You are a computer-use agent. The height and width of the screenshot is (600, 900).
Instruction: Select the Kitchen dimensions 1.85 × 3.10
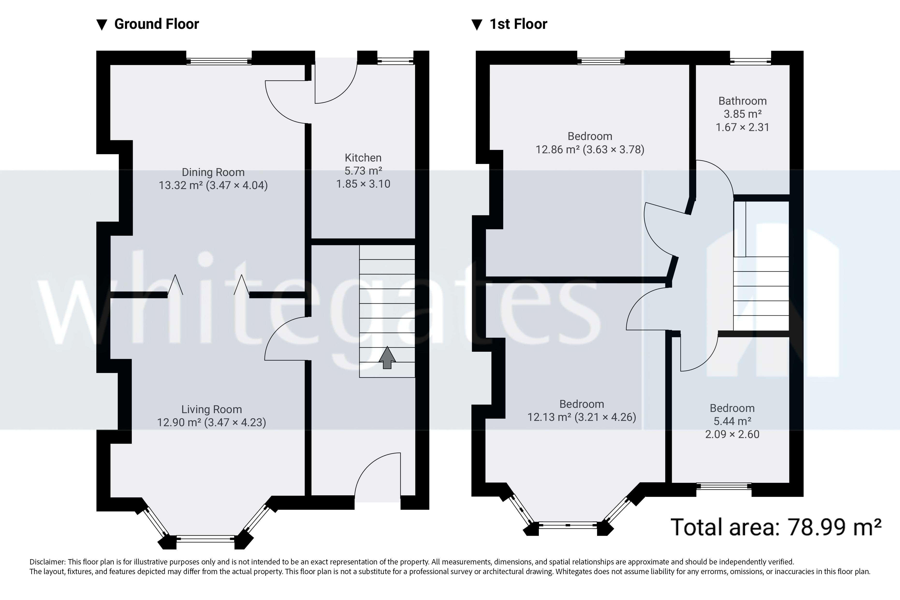pos(363,184)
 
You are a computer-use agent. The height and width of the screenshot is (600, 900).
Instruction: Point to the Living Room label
pos(211,410)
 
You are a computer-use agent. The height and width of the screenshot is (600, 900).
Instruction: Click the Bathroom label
pos(742,101)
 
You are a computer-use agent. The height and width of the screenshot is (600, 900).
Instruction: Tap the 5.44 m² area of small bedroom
pos(732,421)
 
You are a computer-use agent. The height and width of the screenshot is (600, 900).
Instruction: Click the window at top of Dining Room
pos(219,61)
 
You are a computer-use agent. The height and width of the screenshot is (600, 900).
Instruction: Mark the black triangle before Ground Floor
pos(101,25)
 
